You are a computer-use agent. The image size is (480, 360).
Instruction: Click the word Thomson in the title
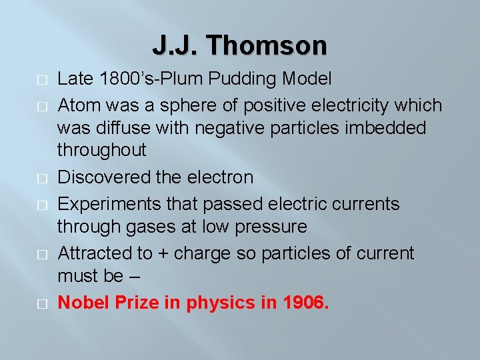[x=267, y=46]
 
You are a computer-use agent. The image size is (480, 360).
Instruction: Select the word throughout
[x=101, y=150]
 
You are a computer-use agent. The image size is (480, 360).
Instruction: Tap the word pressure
[x=271, y=227]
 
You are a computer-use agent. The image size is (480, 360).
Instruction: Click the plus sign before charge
[x=161, y=254]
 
